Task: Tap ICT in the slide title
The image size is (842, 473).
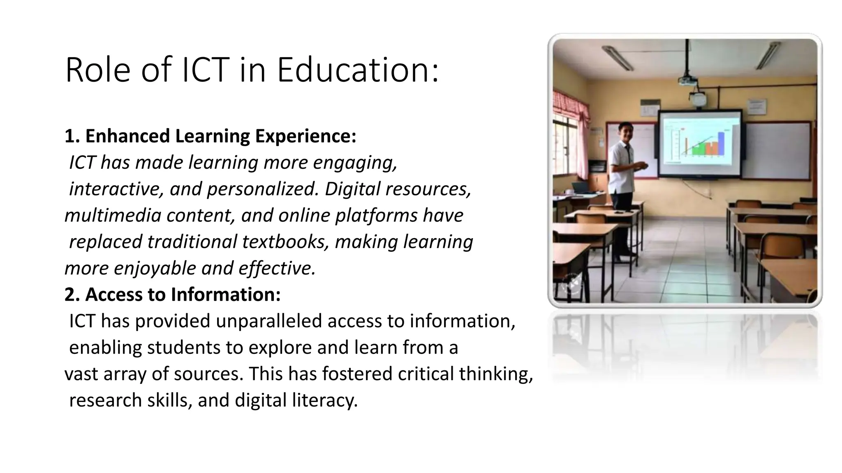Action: coord(204,70)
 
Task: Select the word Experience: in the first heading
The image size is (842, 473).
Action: coord(305,136)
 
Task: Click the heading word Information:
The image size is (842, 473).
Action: coord(226,294)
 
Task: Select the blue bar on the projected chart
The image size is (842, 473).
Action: coord(721,143)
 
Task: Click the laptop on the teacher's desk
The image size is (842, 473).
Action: coord(582,188)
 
